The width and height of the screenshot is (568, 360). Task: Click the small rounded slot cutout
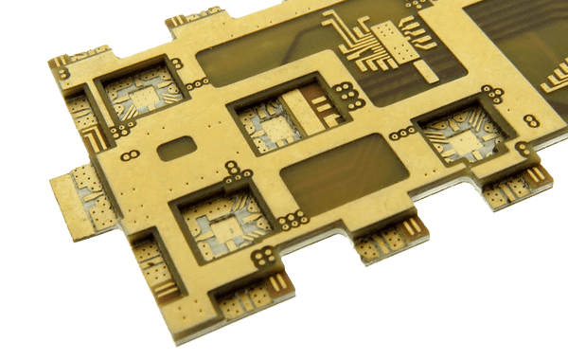pos(177,149)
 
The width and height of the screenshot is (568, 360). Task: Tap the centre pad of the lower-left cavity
pos(228,227)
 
